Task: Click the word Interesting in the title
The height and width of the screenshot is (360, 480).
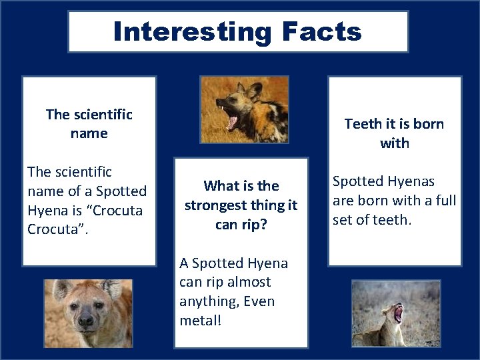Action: (192, 31)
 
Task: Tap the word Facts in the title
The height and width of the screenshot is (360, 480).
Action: (321, 31)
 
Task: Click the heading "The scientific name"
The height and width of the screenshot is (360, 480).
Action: (89, 124)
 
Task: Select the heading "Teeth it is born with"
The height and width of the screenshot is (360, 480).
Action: (394, 133)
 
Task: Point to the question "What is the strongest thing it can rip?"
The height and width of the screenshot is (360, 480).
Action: (241, 205)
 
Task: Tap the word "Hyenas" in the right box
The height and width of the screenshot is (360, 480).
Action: (411, 181)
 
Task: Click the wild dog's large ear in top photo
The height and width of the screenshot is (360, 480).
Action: (255, 91)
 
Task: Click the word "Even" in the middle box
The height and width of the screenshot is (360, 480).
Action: (260, 301)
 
